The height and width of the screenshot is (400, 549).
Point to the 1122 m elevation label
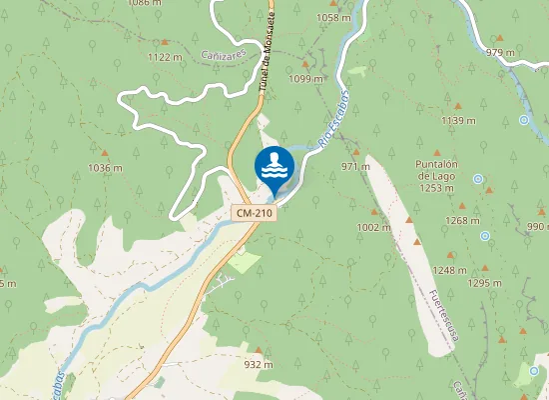pos(165,57)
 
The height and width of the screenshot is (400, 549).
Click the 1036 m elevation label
pos(105,167)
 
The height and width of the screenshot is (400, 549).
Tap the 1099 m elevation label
pos(305,78)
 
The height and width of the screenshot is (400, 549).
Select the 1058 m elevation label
pos(332,18)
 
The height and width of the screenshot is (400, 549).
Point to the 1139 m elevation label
pos(458,120)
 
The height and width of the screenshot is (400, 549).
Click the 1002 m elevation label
pos(374,227)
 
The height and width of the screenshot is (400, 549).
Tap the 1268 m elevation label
pos(462,220)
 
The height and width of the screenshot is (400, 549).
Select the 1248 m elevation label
pos(450,270)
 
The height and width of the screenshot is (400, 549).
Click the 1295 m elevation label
pos(484,283)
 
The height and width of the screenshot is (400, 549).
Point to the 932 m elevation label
pos(259,364)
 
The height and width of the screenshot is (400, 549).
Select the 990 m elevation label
pos(537,227)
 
